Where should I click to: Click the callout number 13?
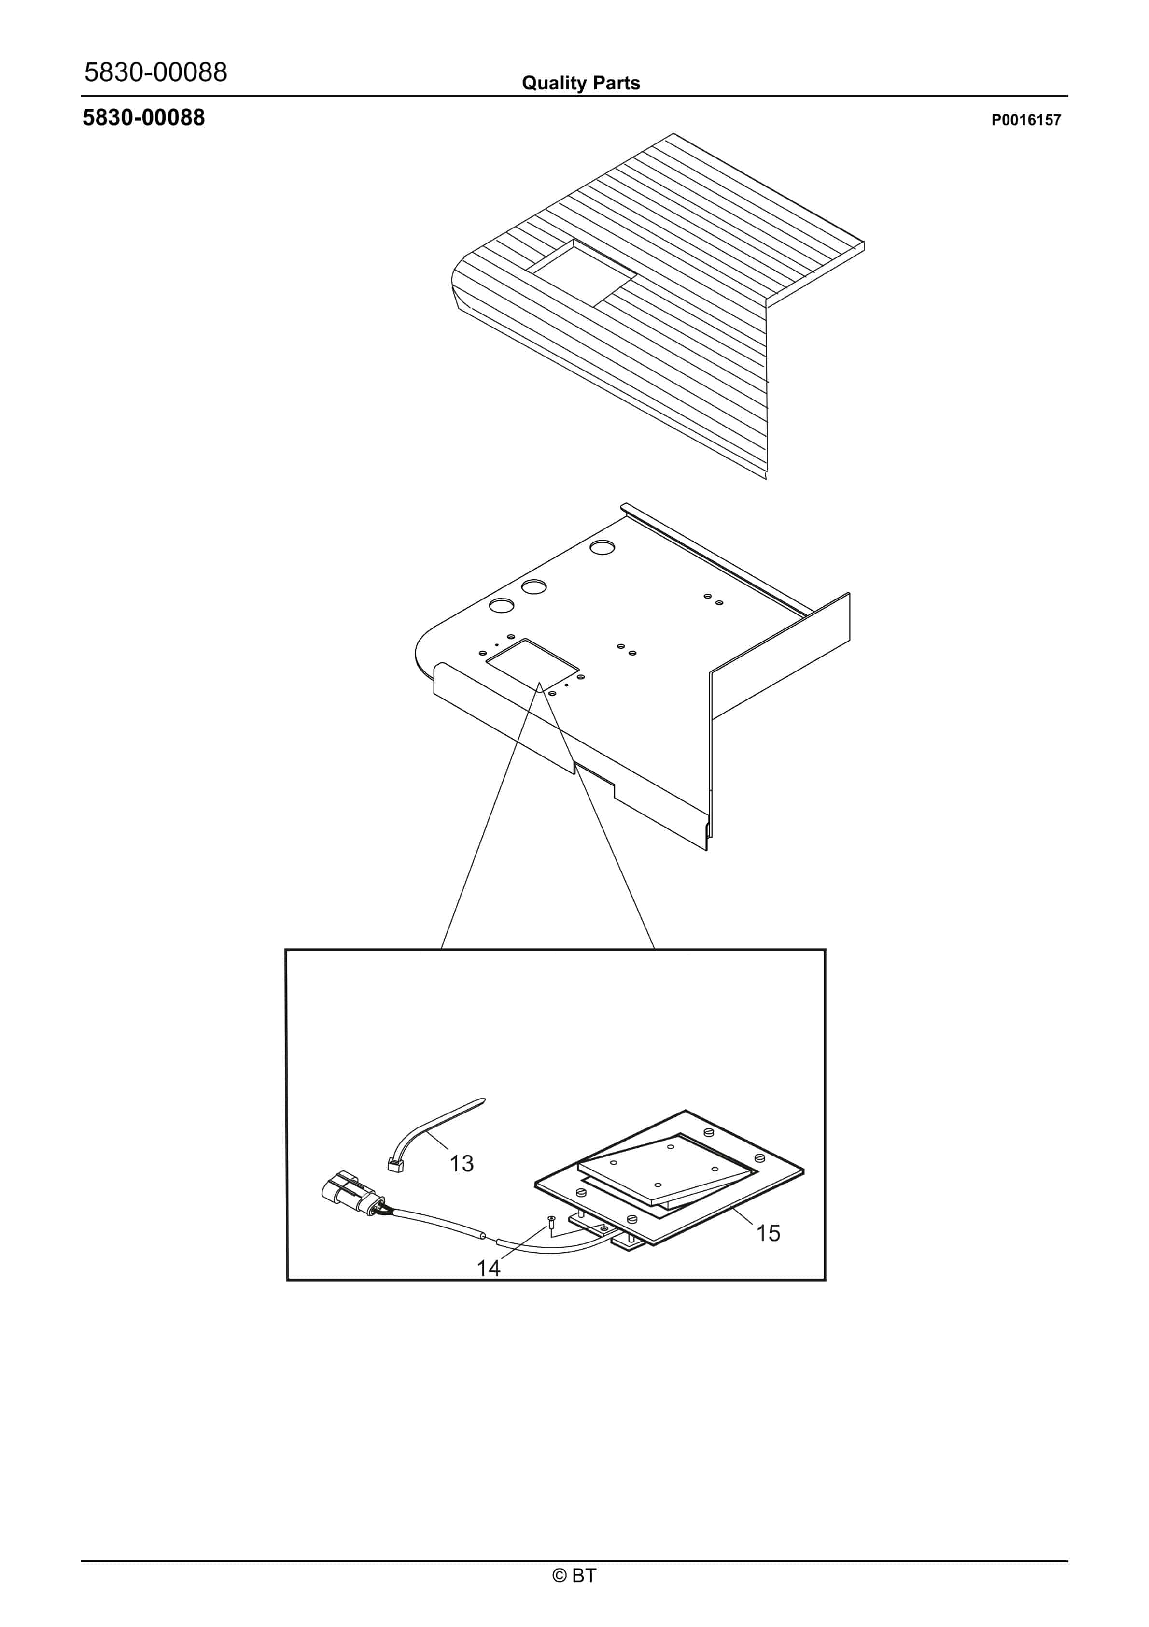pos(462,1163)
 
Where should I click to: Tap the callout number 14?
pos(488,1268)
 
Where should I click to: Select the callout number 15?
pos(768,1233)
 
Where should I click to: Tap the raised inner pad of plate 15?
pos(666,1169)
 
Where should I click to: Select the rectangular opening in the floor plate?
pos(532,664)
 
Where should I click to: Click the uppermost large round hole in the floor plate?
pos(602,547)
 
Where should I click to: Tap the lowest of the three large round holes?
pos(502,606)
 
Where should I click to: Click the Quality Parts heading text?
pos(581,83)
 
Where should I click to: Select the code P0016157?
pos(1026,120)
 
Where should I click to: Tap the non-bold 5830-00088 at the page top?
pos(156,71)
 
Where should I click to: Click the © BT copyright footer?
pos(574,1575)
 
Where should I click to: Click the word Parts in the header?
pos(617,83)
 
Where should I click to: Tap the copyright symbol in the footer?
pos(560,1576)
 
